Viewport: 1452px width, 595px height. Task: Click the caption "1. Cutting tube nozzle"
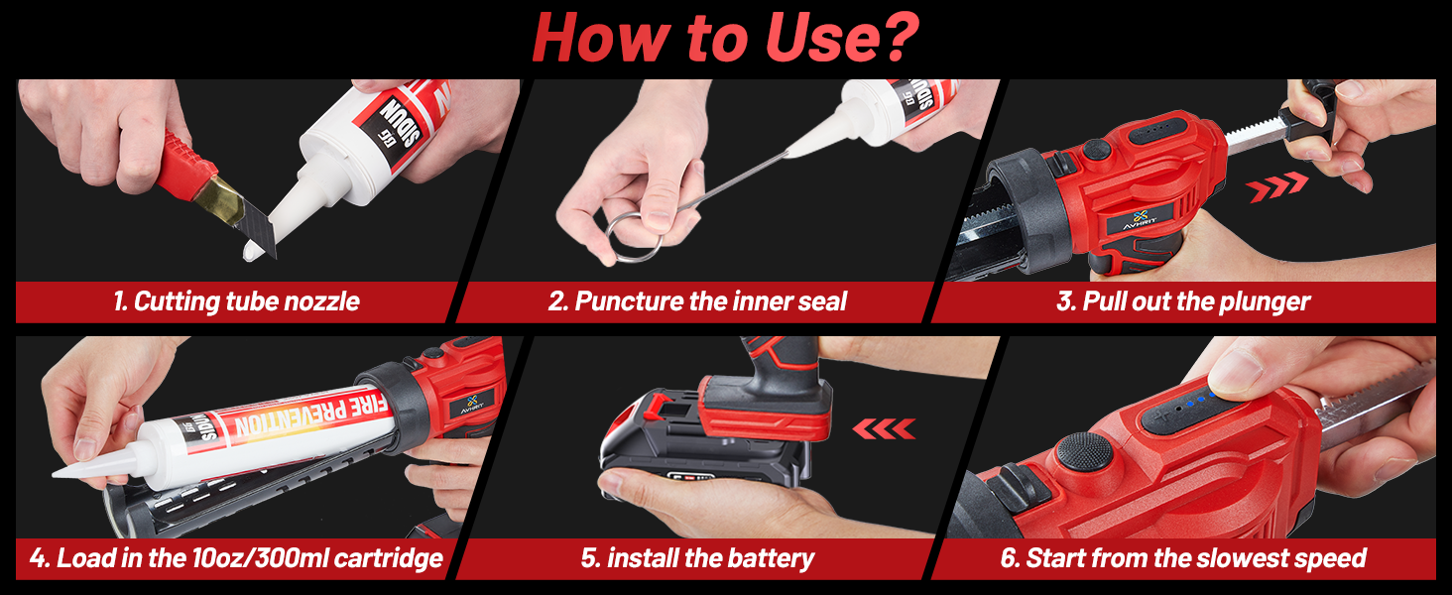(236, 301)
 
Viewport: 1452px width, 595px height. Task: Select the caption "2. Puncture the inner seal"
(697, 301)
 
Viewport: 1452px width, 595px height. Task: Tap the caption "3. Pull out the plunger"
(1183, 301)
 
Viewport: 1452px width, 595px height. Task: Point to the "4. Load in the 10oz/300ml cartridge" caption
(236, 558)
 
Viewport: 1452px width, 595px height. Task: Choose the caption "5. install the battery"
(697, 558)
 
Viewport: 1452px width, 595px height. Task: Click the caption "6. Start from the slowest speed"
(1183, 558)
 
